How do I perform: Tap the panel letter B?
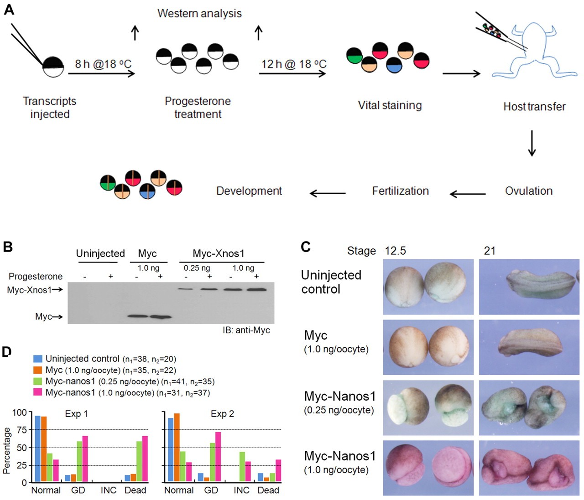(7, 247)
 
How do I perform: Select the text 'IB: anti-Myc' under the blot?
(246, 330)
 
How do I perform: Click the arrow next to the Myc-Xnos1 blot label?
(58, 289)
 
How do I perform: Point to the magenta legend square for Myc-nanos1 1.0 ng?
(38, 392)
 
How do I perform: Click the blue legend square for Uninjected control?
(38, 359)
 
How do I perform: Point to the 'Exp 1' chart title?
(76, 414)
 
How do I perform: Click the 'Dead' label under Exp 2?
(268, 490)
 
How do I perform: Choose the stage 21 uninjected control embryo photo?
(529, 287)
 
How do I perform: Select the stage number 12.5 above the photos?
(395, 251)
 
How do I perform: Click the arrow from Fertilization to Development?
(327, 193)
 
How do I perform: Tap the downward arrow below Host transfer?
(532, 143)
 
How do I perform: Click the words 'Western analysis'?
(199, 13)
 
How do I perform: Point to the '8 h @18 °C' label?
(103, 64)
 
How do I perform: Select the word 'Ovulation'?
(528, 191)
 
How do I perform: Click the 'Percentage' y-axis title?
(6, 450)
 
